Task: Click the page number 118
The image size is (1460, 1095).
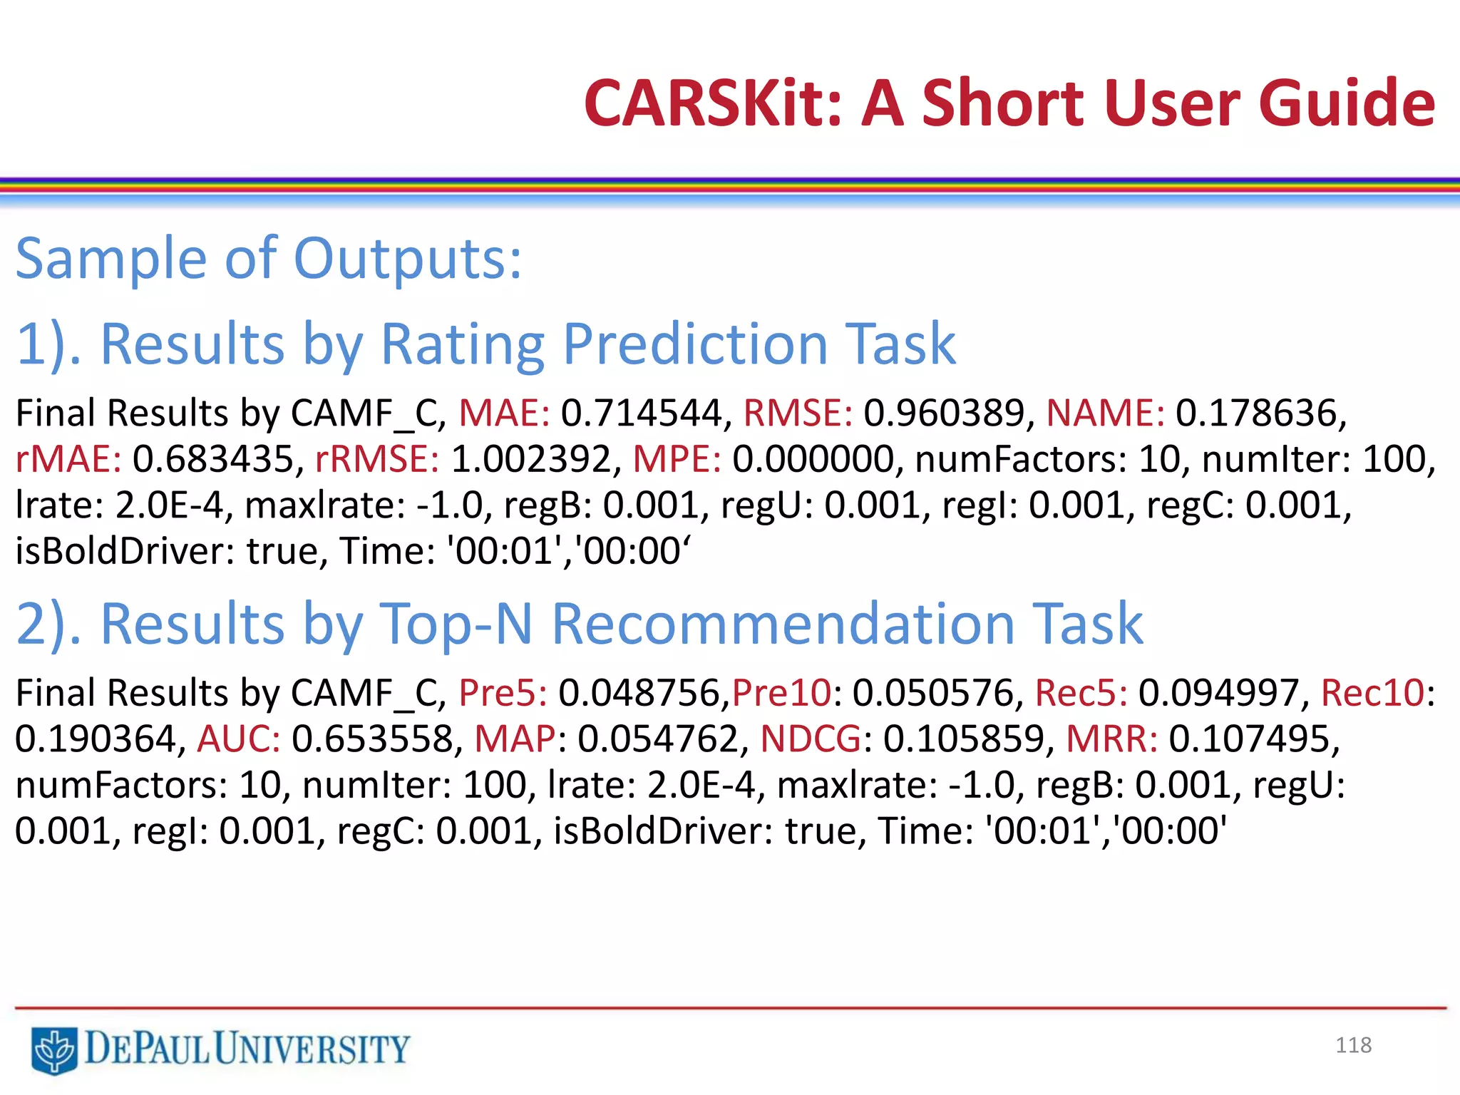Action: click(1353, 1045)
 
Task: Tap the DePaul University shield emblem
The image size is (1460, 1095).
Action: click(54, 1050)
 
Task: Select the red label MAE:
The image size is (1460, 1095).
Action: click(504, 413)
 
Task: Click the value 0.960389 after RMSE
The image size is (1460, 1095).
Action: click(944, 413)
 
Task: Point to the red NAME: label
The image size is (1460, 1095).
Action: click(1104, 413)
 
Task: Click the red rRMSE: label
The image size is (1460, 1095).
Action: click(376, 459)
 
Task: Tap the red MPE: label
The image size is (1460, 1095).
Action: click(677, 459)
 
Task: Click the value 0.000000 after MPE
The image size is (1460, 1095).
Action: click(813, 459)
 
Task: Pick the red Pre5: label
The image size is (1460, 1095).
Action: click(503, 693)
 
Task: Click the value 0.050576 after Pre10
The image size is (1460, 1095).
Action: click(932, 693)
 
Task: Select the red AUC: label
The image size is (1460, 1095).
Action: click(239, 739)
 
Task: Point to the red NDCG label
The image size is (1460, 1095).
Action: click(811, 739)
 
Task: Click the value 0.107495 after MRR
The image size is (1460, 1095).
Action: click(1248, 739)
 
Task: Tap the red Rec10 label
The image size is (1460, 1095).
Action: click(1372, 693)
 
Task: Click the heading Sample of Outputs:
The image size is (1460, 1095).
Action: click(269, 259)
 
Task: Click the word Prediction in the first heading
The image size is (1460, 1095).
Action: click(695, 344)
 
